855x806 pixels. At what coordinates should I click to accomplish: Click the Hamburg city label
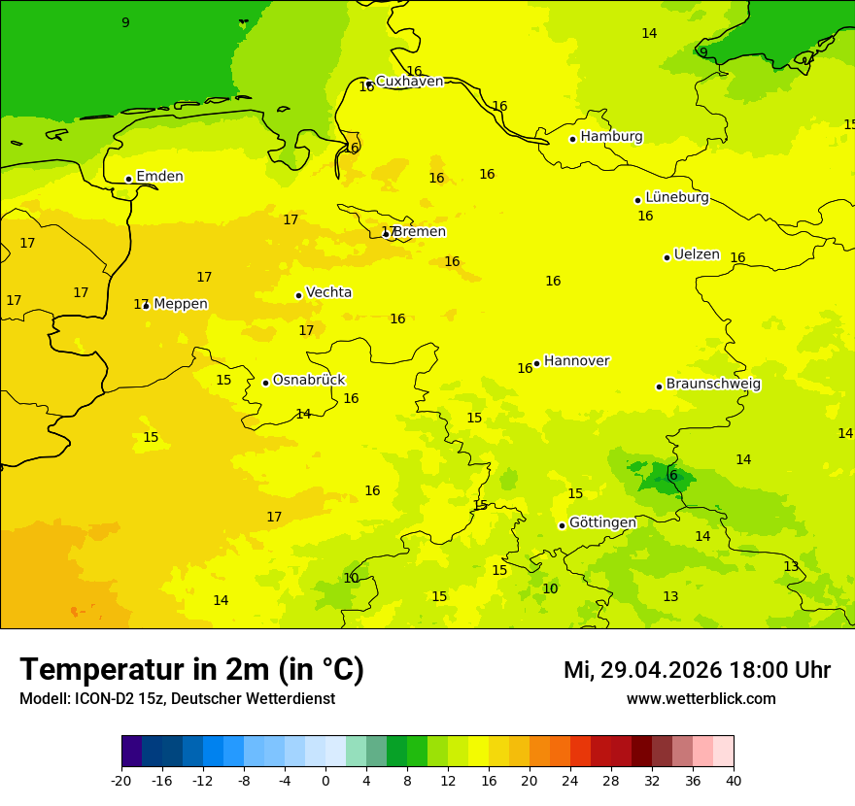(611, 137)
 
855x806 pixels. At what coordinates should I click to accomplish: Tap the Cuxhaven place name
(409, 82)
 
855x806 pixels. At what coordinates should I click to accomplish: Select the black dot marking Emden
(128, 179)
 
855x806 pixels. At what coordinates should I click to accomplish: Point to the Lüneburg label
(676, 197)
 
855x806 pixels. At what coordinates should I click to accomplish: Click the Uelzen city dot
(667, 257)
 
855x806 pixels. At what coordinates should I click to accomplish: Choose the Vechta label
(328, 292)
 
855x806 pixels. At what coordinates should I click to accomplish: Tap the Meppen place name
(181, 304)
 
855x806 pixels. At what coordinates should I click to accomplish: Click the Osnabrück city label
(309, 380)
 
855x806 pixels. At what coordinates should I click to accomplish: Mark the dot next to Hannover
(536, 363)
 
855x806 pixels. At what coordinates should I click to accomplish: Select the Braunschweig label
(713, 384)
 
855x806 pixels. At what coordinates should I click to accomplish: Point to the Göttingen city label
(602, 522)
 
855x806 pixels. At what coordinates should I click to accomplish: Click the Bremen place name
(419, 232)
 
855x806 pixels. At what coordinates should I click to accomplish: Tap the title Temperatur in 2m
(191, 670)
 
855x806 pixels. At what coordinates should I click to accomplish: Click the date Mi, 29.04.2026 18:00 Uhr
(697, 670)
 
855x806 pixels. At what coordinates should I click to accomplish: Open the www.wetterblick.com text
(701, 699)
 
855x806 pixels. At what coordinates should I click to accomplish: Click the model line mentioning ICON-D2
(177, 699)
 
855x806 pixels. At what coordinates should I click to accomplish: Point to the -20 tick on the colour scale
(121, 780)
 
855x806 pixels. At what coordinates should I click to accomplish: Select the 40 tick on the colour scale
(734, 780)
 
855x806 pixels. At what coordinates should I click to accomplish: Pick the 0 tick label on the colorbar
(325, 780)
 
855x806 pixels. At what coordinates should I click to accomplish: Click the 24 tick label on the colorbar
(570, 780)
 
